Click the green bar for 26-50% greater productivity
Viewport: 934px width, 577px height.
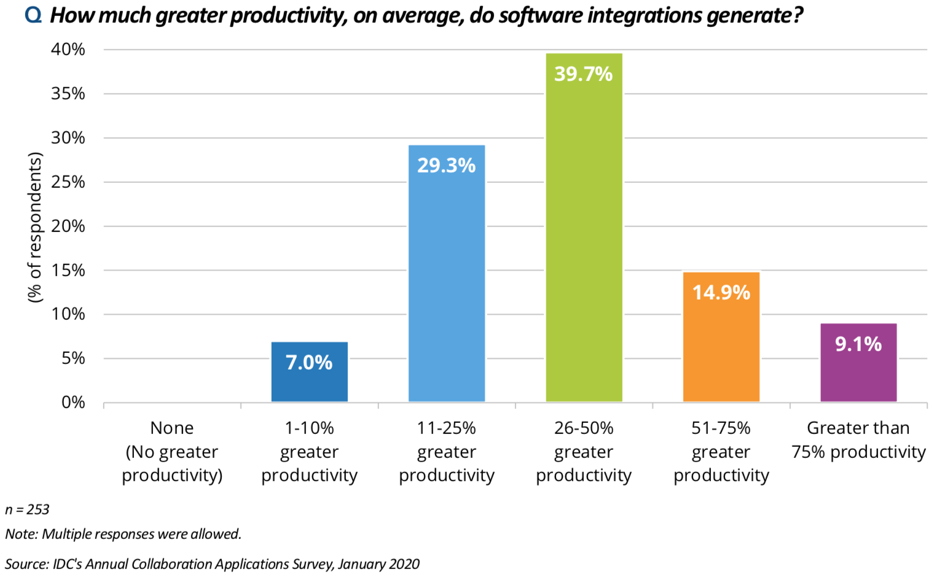584,246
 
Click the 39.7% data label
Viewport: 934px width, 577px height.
584,74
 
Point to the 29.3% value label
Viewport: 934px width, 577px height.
447,166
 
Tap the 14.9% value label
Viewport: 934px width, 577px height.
721,292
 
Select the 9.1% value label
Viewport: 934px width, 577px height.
858,344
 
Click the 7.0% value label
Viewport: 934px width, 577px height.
309,363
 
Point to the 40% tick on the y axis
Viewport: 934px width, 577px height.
68,50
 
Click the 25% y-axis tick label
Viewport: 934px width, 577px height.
68,182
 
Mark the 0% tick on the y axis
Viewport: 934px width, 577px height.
73,403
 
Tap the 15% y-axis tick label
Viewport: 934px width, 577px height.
68,271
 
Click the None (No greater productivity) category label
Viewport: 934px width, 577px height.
172,452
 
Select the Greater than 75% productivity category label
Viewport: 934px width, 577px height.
858,440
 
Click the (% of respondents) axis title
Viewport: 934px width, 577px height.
35,227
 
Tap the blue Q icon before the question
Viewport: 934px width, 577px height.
33,15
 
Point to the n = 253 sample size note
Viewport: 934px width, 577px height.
27,509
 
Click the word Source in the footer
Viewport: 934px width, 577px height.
26,564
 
